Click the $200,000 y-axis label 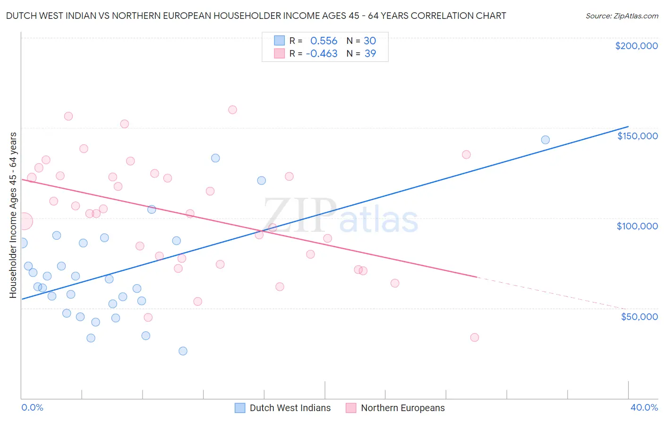pos(636,46)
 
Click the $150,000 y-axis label pos(637,136)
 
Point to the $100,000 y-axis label pos(637,226)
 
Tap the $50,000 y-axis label pos(639,317)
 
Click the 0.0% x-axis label pos(33,408)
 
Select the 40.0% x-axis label pos(644,408)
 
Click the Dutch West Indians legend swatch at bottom pos(240,408)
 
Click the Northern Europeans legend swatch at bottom pos(351,408)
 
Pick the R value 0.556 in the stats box pos(323,41)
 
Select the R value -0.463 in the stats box pos(322,54)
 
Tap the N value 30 pos(370,41)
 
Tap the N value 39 pos(370,54)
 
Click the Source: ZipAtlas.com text pos(621,16)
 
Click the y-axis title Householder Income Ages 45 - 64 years pos(13,215)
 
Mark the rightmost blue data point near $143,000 pos(545,140)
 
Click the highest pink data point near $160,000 pos(232,109)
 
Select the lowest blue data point pos(183,351)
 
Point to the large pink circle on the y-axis pos(24,221)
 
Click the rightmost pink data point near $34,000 pos(475,337)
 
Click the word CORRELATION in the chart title pos(444,16)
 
